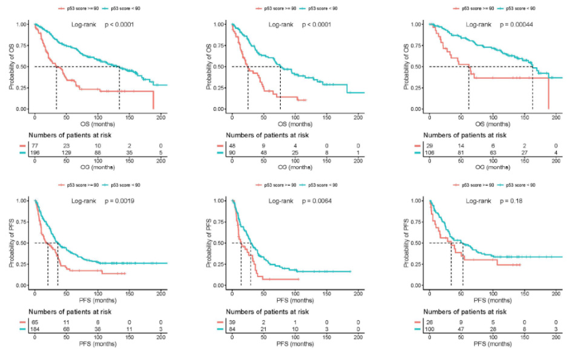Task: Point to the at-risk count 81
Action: point(461,154)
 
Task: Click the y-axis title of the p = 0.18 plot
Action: point(407,243)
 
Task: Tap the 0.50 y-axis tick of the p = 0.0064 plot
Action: point(217,243)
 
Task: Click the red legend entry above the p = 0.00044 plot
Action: point(475,8)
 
